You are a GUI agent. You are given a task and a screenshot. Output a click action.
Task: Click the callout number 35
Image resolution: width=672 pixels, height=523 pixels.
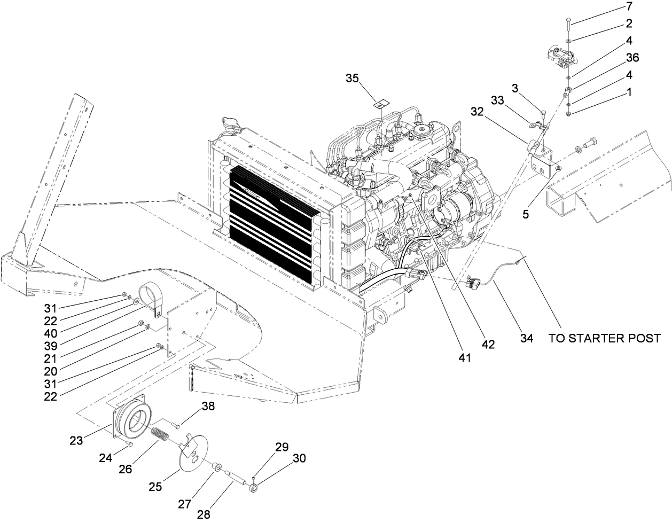pyautogui.click(x=351, y=78)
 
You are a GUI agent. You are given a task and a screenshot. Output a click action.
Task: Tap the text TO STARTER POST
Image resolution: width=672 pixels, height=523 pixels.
pyautogui.click(x=604, y=338)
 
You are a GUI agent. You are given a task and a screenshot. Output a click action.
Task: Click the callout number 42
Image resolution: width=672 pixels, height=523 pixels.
pyautogui.click(x=487, y=345)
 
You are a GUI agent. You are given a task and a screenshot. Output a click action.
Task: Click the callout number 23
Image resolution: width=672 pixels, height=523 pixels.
pyautogui.click(x=76, y=441)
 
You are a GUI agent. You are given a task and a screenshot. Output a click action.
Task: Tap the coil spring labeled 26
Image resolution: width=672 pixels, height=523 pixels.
pyautogui.click(x=160, y=434)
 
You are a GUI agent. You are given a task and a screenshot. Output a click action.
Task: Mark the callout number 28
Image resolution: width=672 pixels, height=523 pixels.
pyautogui.click(x=204, y=515)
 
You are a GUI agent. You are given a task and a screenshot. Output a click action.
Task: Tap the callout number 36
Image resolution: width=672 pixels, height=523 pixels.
pyautogui.click(x=632, y=58)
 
